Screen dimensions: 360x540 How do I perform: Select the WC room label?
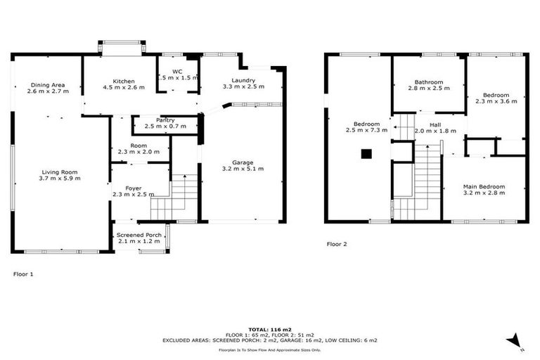[x=177, y=72]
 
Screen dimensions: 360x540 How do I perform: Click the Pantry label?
[x=165, y=120]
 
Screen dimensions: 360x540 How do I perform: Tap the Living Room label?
[x=59, y=172]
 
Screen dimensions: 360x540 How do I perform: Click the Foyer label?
[x=134, y=188]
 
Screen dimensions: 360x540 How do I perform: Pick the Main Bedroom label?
[x=483, y=186]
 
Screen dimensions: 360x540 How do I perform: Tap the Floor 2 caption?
[x=337, y=244]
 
